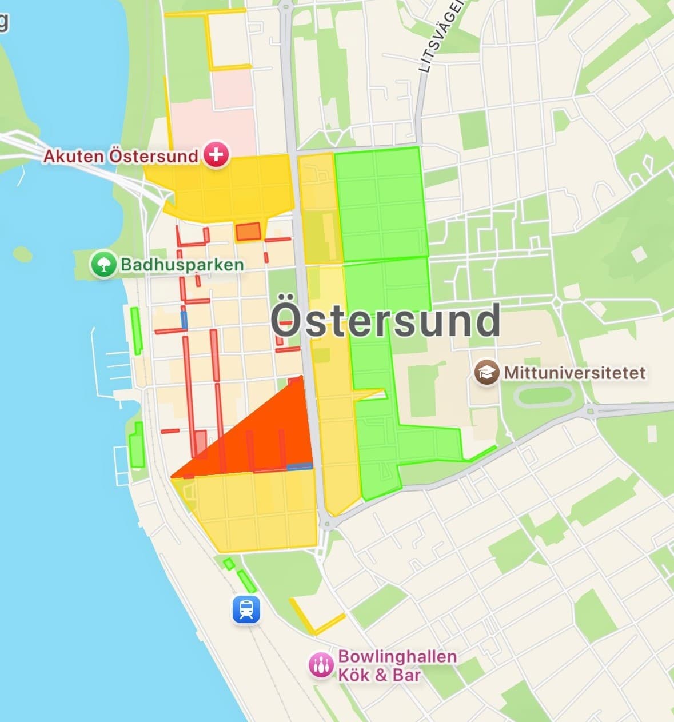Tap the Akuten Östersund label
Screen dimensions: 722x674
pos(121,155)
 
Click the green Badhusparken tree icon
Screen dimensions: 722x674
pos(104,265)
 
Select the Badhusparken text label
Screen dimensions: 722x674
pos(182,265)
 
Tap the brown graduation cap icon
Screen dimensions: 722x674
pos(487,373)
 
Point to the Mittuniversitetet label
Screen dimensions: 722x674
pos(575,373)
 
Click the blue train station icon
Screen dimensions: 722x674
pos(246,609)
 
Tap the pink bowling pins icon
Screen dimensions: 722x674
pos(321,665)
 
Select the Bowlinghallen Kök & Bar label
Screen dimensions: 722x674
pos(397,665)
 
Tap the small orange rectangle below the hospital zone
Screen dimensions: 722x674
pos(248,232)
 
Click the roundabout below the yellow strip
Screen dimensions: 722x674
pos(325,523)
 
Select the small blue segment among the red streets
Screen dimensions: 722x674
pos(184,319)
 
